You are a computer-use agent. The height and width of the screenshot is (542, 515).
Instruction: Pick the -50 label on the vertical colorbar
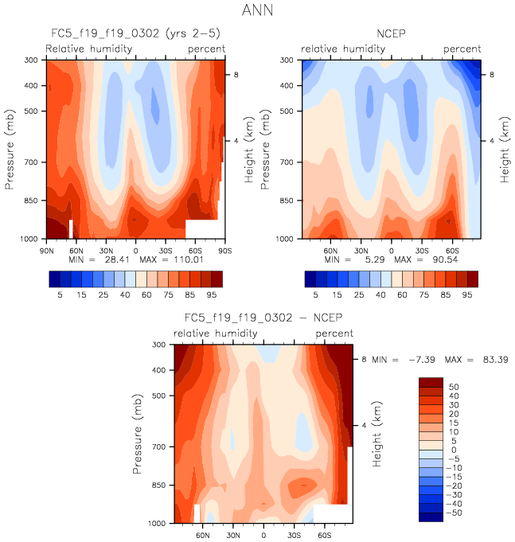tap(452, 513)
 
